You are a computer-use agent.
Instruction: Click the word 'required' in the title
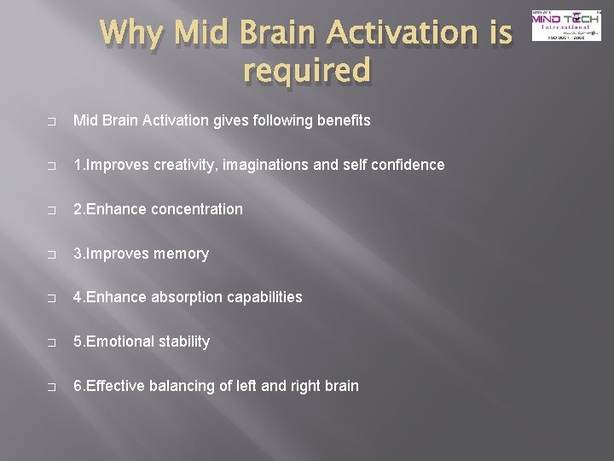306,70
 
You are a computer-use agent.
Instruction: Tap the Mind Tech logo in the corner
565,26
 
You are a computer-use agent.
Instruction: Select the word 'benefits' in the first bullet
343,120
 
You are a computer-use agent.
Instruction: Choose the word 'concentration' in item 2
197,209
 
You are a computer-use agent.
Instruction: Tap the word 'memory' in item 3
182,254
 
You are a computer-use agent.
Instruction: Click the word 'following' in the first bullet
281,120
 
